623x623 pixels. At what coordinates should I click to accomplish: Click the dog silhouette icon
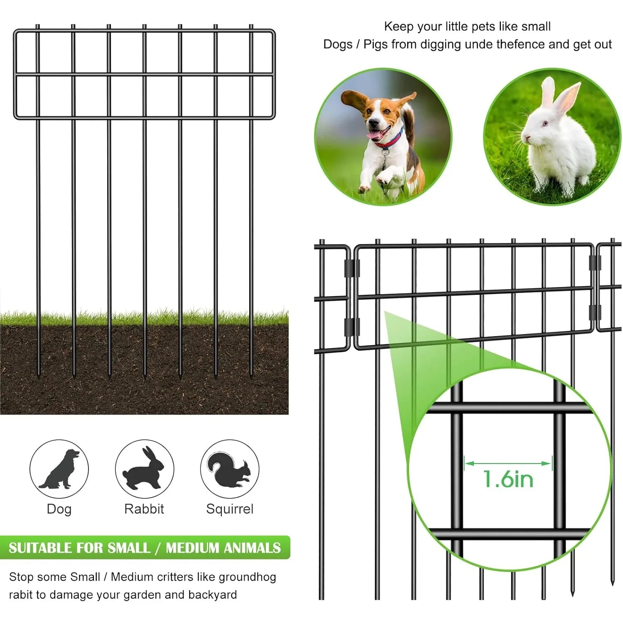click(x=59, y=469)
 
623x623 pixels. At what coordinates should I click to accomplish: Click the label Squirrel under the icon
click(x=230, y=509)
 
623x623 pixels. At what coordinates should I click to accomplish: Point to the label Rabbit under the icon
click(x=144, y=509)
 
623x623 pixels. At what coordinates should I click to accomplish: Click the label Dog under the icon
click(x=59, y=509)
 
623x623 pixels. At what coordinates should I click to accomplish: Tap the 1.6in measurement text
click(x=508, y=479)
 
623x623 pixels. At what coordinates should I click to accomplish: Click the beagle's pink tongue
click(x=376, y=135)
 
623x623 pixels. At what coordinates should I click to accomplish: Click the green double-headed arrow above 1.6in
click(x=508, y=463)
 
